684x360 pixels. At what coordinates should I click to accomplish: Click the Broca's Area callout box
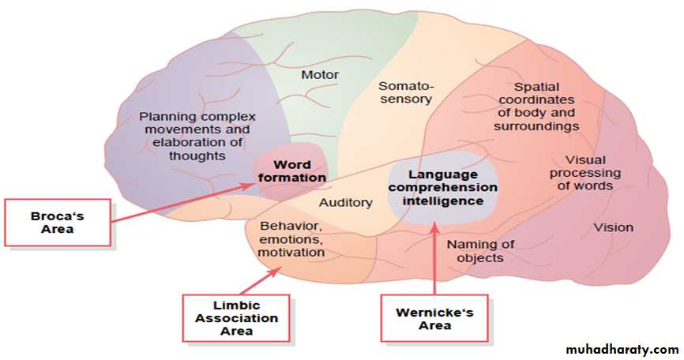[x=58, y=223]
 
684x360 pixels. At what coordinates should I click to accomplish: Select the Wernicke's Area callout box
[x=434, y=318]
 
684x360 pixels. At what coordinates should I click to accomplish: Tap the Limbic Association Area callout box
[x=236, y=318]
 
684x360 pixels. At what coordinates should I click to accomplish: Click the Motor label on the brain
[x=320, y=75]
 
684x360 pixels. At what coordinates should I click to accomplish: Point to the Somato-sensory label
[x=405, y=92]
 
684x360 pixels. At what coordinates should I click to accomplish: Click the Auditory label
[x=345, y=203]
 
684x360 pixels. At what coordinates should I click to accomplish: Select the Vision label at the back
[x=614, y=227]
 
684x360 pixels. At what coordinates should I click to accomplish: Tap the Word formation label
[x=291, y=171]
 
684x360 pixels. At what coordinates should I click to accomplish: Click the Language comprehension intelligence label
[x=443, y=188]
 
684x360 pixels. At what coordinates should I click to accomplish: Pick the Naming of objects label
[x=480, y=251]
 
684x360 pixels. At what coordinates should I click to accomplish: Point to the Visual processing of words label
[x=585, y=173]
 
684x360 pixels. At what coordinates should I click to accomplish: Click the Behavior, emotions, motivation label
[x=291, y=239]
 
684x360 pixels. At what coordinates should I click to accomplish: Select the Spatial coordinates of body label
[x=536, y=107]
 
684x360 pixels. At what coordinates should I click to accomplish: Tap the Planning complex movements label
[x=197, y=137]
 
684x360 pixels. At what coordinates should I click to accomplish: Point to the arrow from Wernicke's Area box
[x=434, y=258]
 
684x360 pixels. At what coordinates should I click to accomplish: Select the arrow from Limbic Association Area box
[x=260, y=281]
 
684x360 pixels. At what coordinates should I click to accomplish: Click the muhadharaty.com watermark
[x=622, y=349]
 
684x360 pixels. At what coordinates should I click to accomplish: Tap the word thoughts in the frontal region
[x=197, y=156]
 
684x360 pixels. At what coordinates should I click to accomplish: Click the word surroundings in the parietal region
[x=536, y=126]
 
